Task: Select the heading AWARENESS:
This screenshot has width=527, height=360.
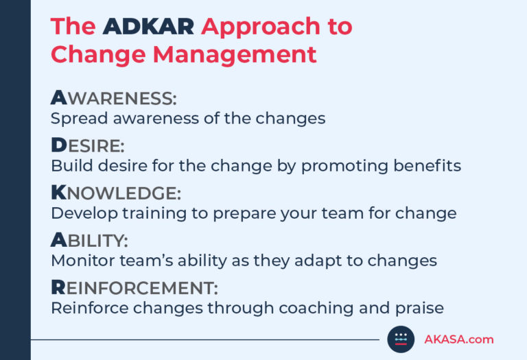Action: point(113,99)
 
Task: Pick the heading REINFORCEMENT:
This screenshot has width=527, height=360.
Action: point(134,287)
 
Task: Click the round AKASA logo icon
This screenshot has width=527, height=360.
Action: point(401,339)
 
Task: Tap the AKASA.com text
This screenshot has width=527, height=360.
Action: point(458,339)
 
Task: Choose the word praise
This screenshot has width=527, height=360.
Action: point(417,307)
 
